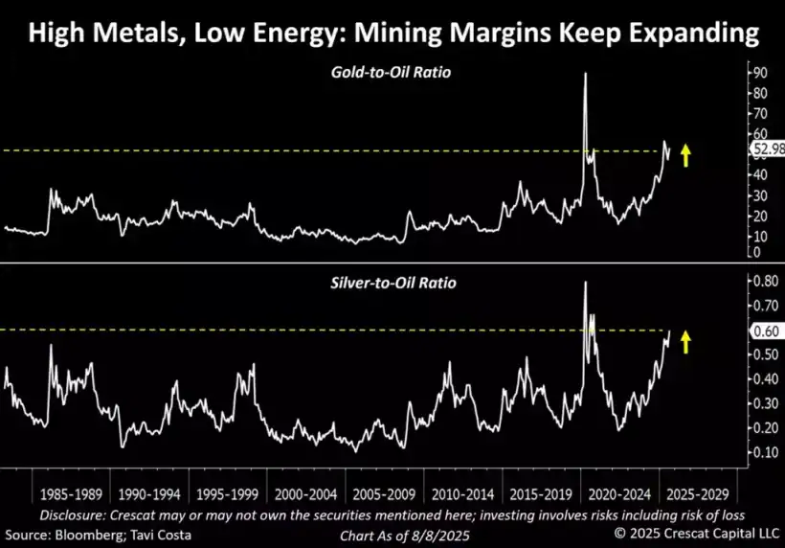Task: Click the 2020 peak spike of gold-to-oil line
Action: tap(585, 75)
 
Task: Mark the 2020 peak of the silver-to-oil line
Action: tap(585, 283)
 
